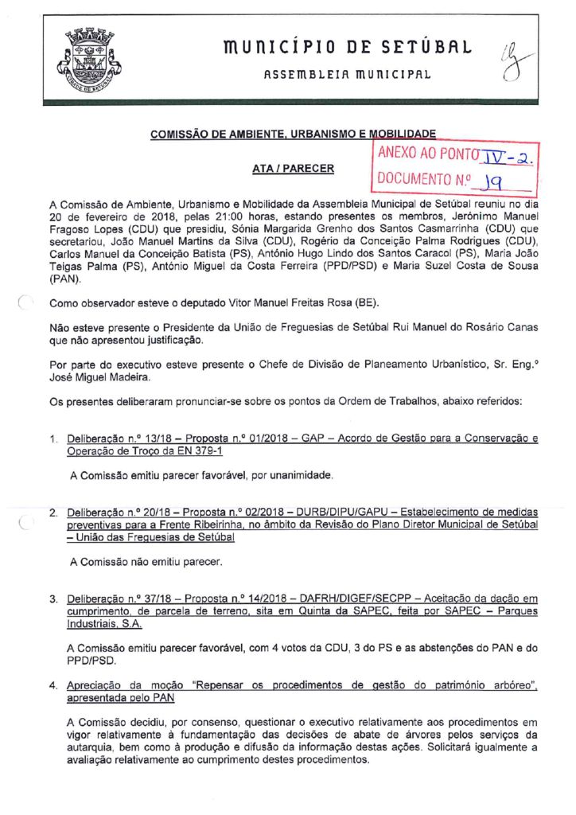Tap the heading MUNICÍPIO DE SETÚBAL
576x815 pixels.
[x=348, y=49]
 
